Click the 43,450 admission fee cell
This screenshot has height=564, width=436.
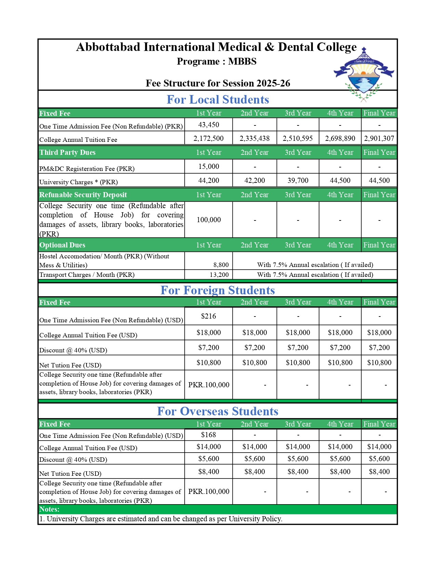[209, 125]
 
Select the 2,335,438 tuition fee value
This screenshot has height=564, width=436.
[254, 138]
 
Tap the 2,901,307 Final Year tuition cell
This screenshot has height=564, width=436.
[379, 138]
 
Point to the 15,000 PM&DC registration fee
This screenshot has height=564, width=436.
[209, 166]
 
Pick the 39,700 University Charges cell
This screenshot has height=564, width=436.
[298, 180]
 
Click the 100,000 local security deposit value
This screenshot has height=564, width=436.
[209, 220]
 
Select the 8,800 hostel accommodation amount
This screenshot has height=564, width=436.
[221, 265]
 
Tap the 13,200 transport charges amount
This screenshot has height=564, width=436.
[221, 275]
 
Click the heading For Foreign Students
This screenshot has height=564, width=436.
[217, 290]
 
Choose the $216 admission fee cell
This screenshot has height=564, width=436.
[209, 316]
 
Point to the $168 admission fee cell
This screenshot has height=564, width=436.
[209, 435]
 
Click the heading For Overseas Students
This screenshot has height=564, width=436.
[217, 411]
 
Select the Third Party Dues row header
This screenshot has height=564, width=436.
[67, 152]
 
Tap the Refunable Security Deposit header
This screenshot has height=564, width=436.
[83, 195]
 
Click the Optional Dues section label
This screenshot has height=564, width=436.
[62, 245]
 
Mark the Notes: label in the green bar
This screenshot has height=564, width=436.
[49, 509]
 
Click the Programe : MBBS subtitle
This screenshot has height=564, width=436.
[216, 62]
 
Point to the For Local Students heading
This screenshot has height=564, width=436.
[217, 99]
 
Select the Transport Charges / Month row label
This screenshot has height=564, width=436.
[87, 275]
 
